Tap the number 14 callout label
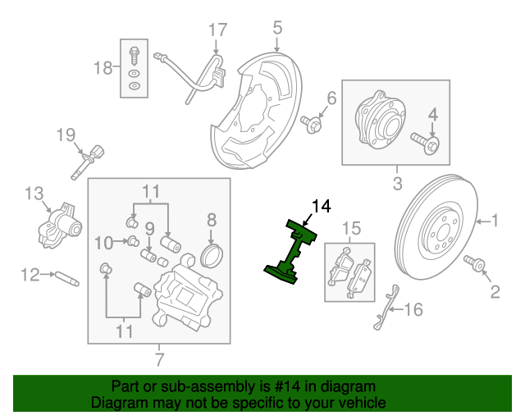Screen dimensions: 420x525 [322, 206]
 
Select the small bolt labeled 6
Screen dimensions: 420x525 [311, 123]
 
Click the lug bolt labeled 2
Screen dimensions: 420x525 [475, 264]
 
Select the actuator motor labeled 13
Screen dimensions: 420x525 [57, 224]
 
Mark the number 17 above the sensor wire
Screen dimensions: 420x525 [217, 30]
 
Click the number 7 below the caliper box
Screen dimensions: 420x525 [159, 358]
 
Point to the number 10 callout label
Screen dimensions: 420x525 [103, 242]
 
